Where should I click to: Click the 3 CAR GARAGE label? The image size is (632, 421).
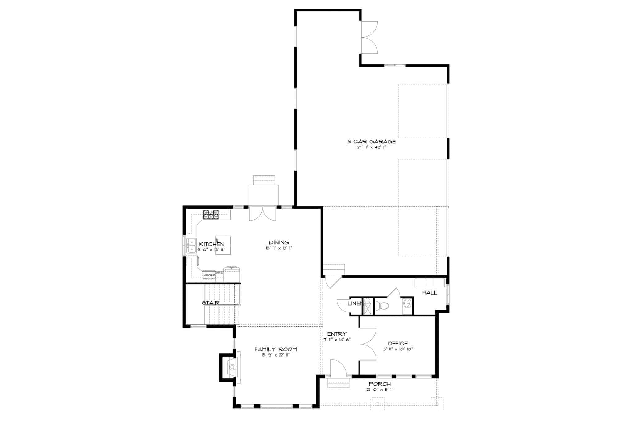pos(372,142)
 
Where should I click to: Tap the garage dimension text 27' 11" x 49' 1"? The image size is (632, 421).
pos(372,147)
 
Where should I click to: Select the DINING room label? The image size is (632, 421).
pos(279,242)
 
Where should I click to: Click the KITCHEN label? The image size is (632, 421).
pos(211,244)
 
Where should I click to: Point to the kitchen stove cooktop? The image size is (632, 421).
pos(211,214)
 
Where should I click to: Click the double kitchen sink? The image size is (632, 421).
pos(191,246)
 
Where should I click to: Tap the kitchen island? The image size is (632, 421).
pos(223,245)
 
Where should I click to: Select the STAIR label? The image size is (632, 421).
pos(211,303)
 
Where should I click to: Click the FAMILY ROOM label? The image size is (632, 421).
pos(276,349)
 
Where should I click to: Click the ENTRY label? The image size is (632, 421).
pos(337,334)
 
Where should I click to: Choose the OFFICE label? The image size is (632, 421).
pos(397,344)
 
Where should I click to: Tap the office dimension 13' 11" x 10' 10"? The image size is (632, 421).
pos(397,349)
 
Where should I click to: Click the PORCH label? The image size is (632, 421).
pos(380,384)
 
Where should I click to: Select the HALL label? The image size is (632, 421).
pos(430,293)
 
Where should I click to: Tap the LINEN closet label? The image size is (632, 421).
pos(355,303)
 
